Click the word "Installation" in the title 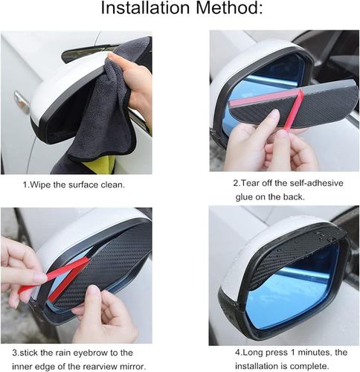[x=146, y=8]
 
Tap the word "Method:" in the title [x=229, y=8]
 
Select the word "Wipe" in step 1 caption [x=40, y=185]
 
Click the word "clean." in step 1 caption [x=113, y=185]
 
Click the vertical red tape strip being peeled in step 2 [x=294, y=109]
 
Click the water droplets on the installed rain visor [x=322, y=237]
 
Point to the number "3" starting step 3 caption [x=15, y=353]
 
